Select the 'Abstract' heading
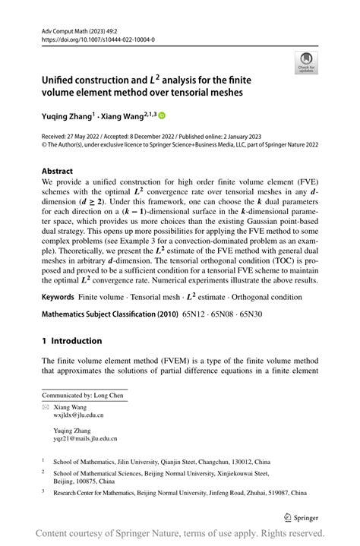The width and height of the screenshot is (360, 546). (x=58, y=172)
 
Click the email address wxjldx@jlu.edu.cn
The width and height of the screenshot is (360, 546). (x=79, y=415)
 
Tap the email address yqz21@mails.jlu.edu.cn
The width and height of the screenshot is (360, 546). (x=85, y=438)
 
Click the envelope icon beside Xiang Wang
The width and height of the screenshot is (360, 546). (x=45, y=408)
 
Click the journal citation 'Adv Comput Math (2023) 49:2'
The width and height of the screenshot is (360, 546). (x=84, y=27)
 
